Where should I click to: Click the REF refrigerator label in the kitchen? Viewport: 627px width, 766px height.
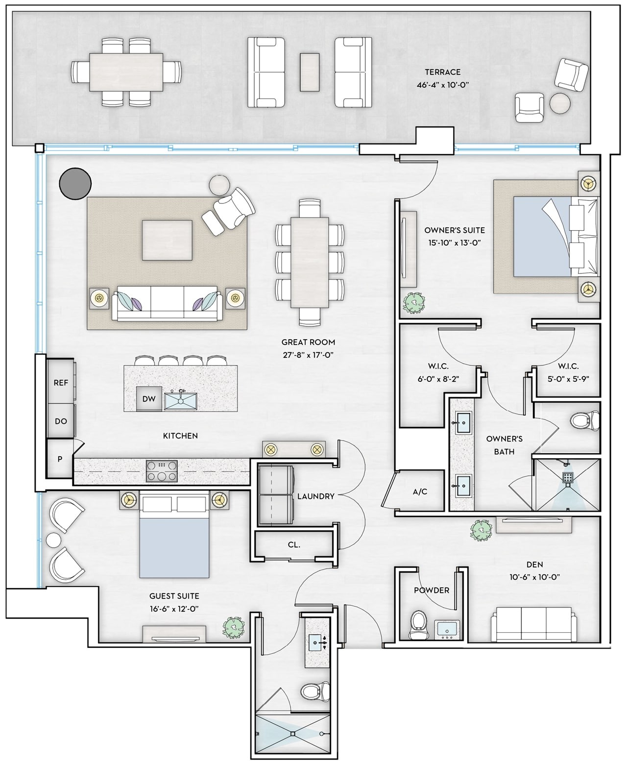(x=61, y=383)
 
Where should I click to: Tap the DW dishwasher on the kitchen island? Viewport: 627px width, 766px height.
(x=149, y=399)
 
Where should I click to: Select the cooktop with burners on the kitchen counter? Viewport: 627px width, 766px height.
(x=162, y=471)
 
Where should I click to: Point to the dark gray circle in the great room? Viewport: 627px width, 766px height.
(x=75, y=184)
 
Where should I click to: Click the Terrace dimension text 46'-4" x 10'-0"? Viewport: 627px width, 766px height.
(x=443, y=85)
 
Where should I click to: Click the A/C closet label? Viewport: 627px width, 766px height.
(x=420, y=492)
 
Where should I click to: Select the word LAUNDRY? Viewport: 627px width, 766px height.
(x=315, y=496)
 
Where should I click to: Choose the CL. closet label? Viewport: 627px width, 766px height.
(x=294, y=544)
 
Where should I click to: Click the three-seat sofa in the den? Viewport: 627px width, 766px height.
(x=531, y=624)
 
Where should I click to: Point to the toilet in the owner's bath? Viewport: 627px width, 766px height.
(x=585, y=420)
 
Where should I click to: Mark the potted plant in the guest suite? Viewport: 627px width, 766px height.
(x=233, y=626)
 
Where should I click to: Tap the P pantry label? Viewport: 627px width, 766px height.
(x=60, y=459)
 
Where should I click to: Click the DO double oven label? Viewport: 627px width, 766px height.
(x=61, y=421)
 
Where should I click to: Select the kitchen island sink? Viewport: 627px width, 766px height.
(x=180, y=400)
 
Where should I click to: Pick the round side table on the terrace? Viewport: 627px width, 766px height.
(x=560, y=103)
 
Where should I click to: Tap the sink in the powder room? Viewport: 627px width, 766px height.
(x=447, y=629)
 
